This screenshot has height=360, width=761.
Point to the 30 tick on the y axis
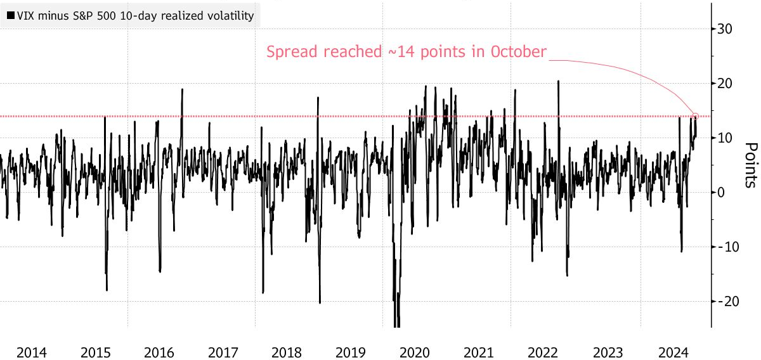coord(725,29)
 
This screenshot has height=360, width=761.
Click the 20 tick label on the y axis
coord(725,84)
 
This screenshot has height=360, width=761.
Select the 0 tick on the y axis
coord(721,193)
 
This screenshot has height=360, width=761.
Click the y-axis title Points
coord(750,165)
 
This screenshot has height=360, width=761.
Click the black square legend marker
coord(10,16)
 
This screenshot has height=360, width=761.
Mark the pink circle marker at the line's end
coord(696,116)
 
